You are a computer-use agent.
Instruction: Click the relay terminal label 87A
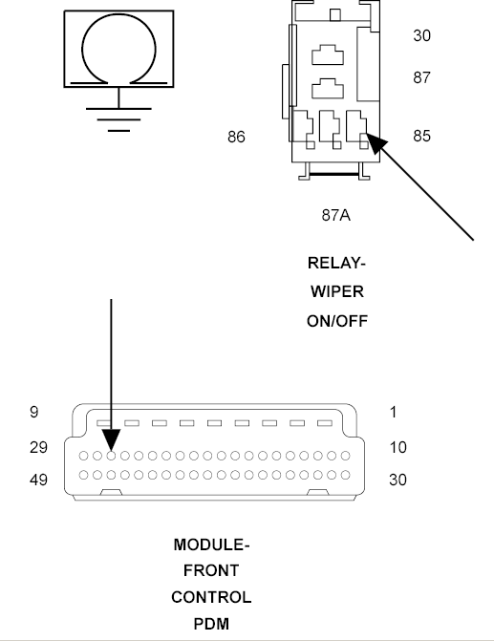335,215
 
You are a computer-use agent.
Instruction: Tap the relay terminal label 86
236,137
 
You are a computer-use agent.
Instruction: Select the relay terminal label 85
421,137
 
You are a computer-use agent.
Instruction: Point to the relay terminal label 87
421,77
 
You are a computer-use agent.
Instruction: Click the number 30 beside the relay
421,35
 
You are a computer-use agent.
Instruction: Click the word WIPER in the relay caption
337,292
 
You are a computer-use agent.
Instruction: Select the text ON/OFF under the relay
337,321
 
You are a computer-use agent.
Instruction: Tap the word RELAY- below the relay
336,263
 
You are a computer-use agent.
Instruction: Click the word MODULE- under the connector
211,545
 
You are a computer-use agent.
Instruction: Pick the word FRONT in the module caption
211,570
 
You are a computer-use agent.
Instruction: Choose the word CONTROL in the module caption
211,597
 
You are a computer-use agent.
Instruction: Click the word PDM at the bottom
211,624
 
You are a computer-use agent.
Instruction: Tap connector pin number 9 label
34,412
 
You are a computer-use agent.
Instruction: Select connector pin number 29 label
38,447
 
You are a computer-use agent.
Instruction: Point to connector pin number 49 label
38,480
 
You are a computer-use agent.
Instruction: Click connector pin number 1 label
394,412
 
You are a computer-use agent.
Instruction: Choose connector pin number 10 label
397,447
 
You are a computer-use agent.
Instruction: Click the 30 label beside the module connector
397,480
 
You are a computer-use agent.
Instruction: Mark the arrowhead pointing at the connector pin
111,440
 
